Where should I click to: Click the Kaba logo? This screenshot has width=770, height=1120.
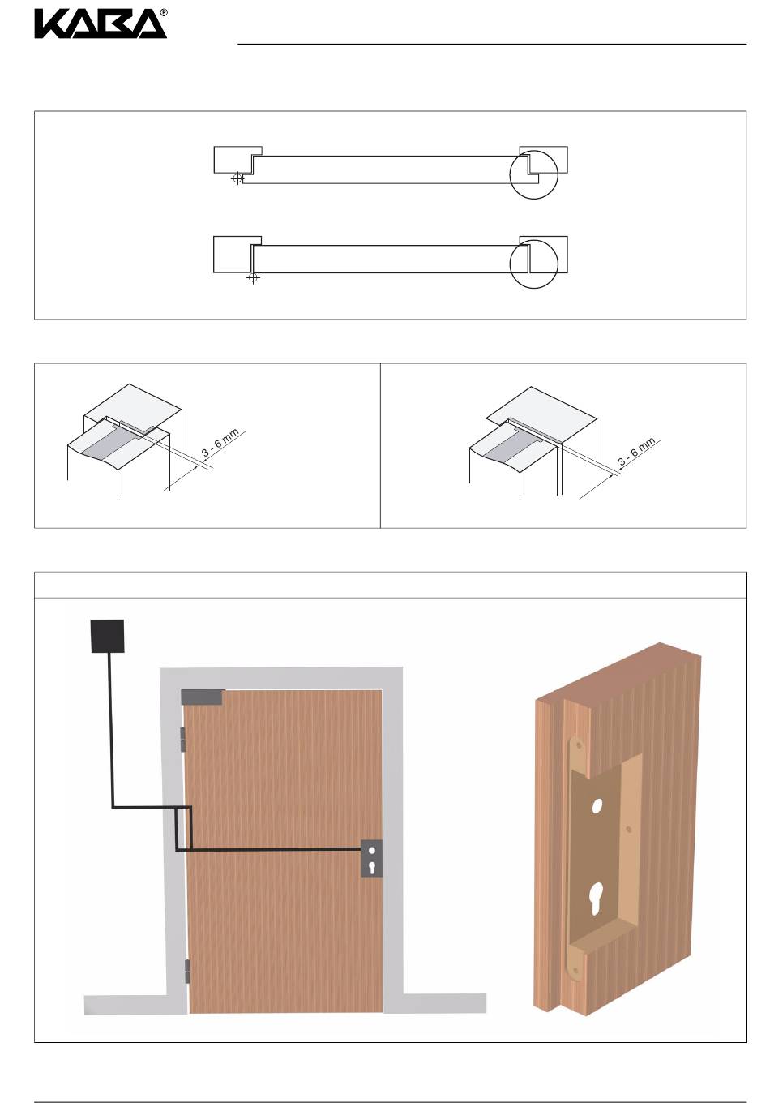[99, 25]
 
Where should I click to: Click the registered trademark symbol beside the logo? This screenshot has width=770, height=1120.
[164, 12]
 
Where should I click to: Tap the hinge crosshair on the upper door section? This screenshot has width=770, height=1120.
[237, 178]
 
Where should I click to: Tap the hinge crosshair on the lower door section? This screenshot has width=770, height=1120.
[253, 277]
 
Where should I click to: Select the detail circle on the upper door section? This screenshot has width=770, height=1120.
[533, 151]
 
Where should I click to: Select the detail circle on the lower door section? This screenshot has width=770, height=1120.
[533, 240]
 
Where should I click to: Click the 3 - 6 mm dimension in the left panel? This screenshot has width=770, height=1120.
[220, 442]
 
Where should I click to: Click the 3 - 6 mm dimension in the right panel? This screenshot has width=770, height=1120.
[635, 452]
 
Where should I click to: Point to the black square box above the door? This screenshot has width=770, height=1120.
[107, 636]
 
